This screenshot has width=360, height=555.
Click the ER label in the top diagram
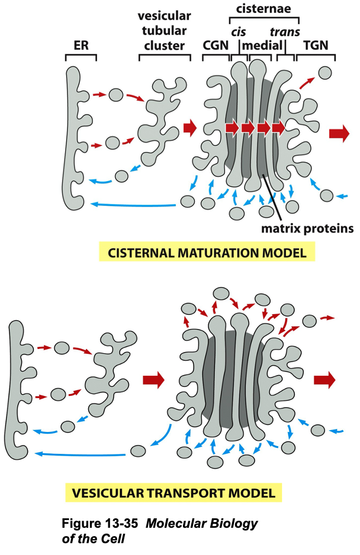click(x=81, y=46)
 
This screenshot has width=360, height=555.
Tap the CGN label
click(x=216, y=46)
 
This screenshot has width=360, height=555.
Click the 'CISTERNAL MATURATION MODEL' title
click(x=207, y=253)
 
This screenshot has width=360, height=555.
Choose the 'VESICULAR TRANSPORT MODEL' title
click(x=173, y=493)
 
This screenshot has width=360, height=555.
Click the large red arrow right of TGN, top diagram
click(x=339, y=134)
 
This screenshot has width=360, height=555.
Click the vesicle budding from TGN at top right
click(x=324, y=73)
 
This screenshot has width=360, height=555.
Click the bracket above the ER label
click(x=81, y=57)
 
